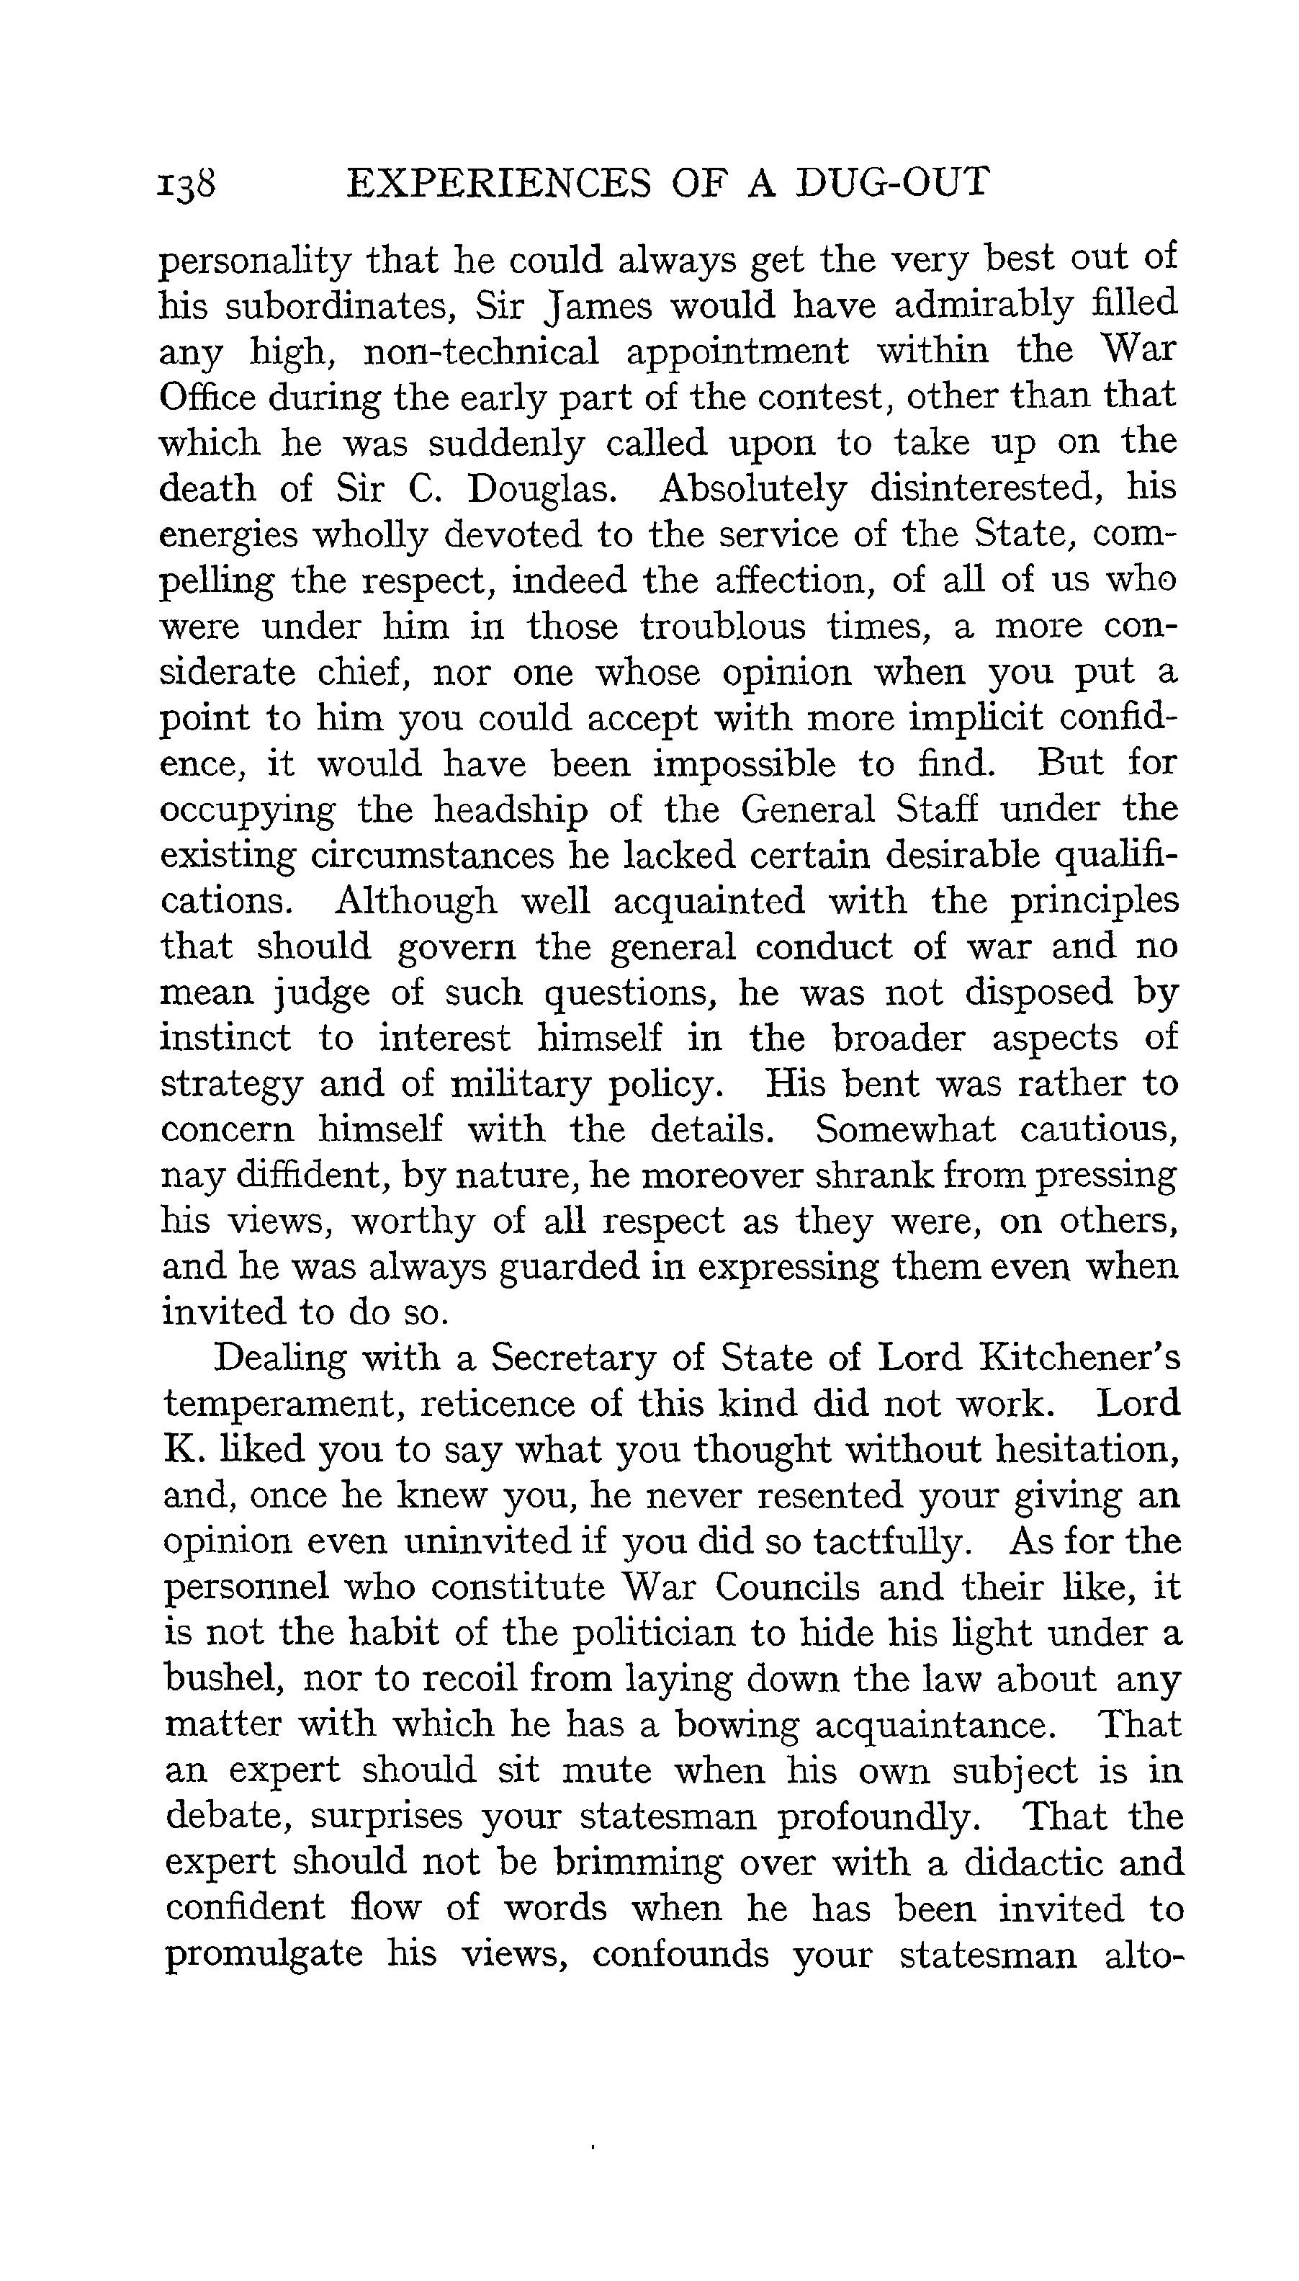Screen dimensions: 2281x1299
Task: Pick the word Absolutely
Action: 751,489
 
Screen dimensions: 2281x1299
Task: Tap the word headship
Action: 511,810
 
